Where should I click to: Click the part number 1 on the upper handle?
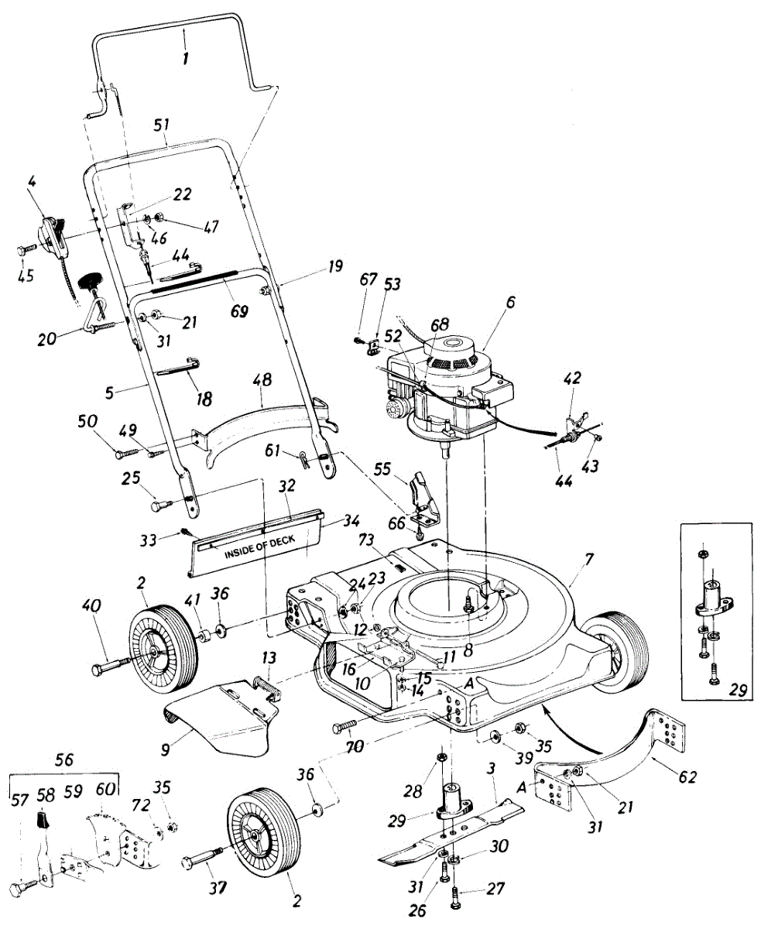click(x=185, y=59)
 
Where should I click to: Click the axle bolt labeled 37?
click(x=206, y=857)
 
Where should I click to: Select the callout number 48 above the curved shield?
click(x=263, y=380)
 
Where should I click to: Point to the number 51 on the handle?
click(x=162, y=125)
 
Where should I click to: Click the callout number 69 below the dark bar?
click(x=239, y=311)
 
